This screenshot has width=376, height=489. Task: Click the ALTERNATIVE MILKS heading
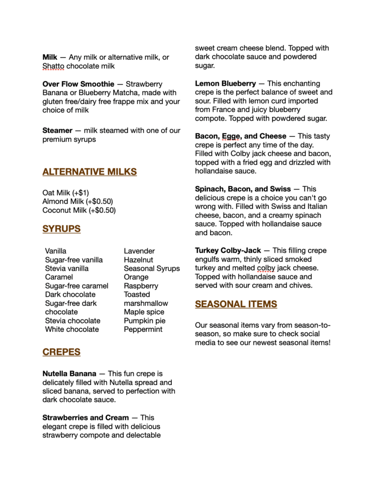[x=90, y=172]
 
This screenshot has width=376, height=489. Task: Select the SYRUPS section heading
[x=62, y=229]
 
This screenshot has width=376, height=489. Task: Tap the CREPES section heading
[x=62, y=352]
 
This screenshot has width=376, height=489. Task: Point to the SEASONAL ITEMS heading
[x=236, y=304]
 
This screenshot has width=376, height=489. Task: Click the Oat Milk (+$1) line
[x=66, y=193]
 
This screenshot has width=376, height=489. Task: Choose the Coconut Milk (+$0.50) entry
[x=79, y=210]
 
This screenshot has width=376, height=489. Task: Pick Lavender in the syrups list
[x=139, y=251]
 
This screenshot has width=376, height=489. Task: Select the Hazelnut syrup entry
[x=139, y=260]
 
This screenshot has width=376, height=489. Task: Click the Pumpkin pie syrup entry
[x=144, y=320]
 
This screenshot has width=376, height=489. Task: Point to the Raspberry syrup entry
[x=141, y=286]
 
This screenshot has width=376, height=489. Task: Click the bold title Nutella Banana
[x=70, y=374]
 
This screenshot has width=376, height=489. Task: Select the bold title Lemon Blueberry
[x=225, y=83]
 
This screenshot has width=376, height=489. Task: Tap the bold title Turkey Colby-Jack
[x=228, y=250]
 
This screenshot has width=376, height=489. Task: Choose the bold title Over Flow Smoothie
[x=78, y=84]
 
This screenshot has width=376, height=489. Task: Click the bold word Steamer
[x=57, y=131]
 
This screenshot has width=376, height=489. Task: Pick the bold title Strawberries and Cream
[x=86, y=417]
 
